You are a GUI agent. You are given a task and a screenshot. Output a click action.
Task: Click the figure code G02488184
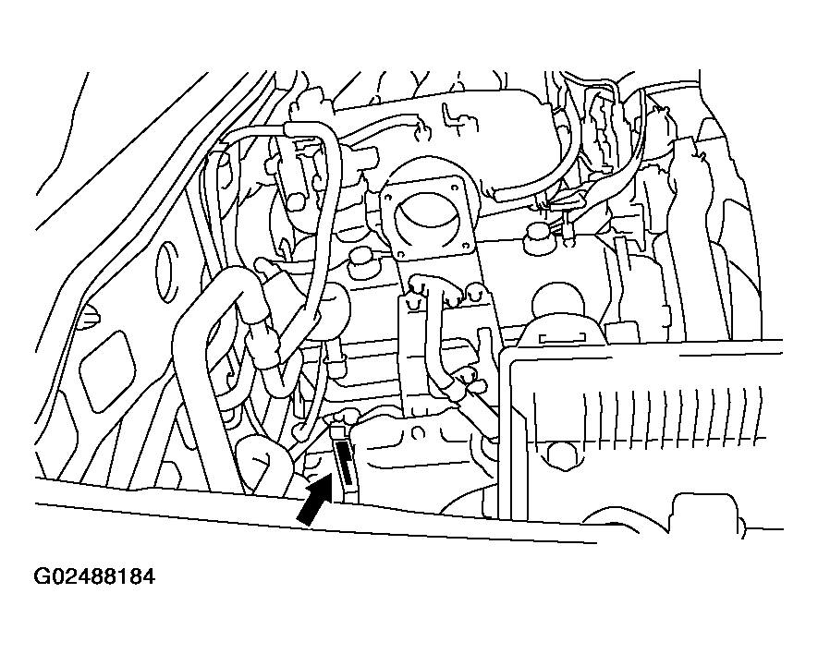click(x=94, y=576)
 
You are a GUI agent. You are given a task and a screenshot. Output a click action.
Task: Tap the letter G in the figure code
click(x=41, y=576)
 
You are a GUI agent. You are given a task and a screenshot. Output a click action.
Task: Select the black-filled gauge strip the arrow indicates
click(x=345, y=463)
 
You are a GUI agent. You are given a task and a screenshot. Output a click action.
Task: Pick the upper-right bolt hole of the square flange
click(x=455, y=186)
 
